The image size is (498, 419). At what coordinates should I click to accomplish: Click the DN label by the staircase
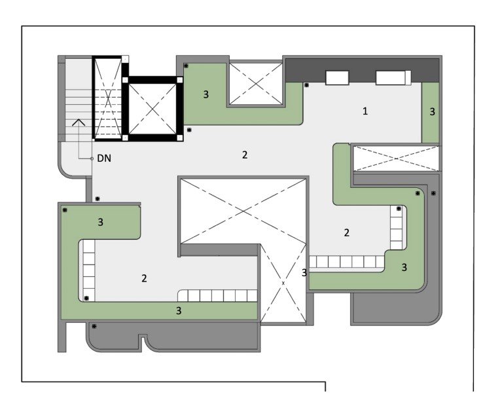104,158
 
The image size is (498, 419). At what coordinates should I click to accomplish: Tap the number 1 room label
365,111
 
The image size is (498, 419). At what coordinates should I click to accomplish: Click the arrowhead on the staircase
79,122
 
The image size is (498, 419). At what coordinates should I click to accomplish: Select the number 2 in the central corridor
245,155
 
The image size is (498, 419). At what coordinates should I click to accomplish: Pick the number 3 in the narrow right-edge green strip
433,111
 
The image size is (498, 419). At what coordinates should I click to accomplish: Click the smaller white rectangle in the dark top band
337,78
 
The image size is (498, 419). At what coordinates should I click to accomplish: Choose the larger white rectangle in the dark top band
393,78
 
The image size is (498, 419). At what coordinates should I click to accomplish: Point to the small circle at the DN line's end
92,158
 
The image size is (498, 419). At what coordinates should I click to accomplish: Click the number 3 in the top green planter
205,94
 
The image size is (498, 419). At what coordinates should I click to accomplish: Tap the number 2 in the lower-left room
144,278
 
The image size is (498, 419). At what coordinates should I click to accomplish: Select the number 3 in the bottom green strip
179,310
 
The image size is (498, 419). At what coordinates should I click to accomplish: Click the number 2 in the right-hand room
346,232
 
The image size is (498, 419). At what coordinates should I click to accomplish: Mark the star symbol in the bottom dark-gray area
94,326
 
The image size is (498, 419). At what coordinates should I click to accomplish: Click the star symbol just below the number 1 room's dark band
306,85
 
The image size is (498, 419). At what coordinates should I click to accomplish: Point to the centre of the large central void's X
243,211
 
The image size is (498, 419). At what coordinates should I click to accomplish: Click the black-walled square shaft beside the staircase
152,109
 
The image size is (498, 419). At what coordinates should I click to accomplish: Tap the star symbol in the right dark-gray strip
433,193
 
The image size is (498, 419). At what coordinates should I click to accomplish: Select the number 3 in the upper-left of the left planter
100,222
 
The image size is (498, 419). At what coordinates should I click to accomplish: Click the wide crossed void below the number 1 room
396,158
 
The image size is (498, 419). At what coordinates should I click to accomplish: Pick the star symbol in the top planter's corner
186,65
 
